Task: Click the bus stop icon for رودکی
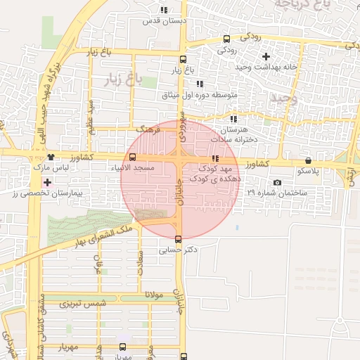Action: click(x=226, y=39)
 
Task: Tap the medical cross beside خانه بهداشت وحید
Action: click(x=266, y=56)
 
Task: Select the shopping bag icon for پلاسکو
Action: click(x=309, y=160)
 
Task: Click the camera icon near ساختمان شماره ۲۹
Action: click(x=278, y=183)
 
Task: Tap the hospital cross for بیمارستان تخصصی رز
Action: click(x=47, y=183)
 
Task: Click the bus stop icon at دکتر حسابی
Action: click(x=178, y=239)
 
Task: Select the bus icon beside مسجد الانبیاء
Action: click(x=133, y=157)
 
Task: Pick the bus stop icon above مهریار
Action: click(x=123, y=347)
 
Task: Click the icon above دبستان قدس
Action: click(x=164, y=11)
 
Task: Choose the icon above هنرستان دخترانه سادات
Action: click(x=233, y=119)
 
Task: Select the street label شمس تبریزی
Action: click(x=82, y=304)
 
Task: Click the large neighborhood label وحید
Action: click(x=284, y=99)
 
